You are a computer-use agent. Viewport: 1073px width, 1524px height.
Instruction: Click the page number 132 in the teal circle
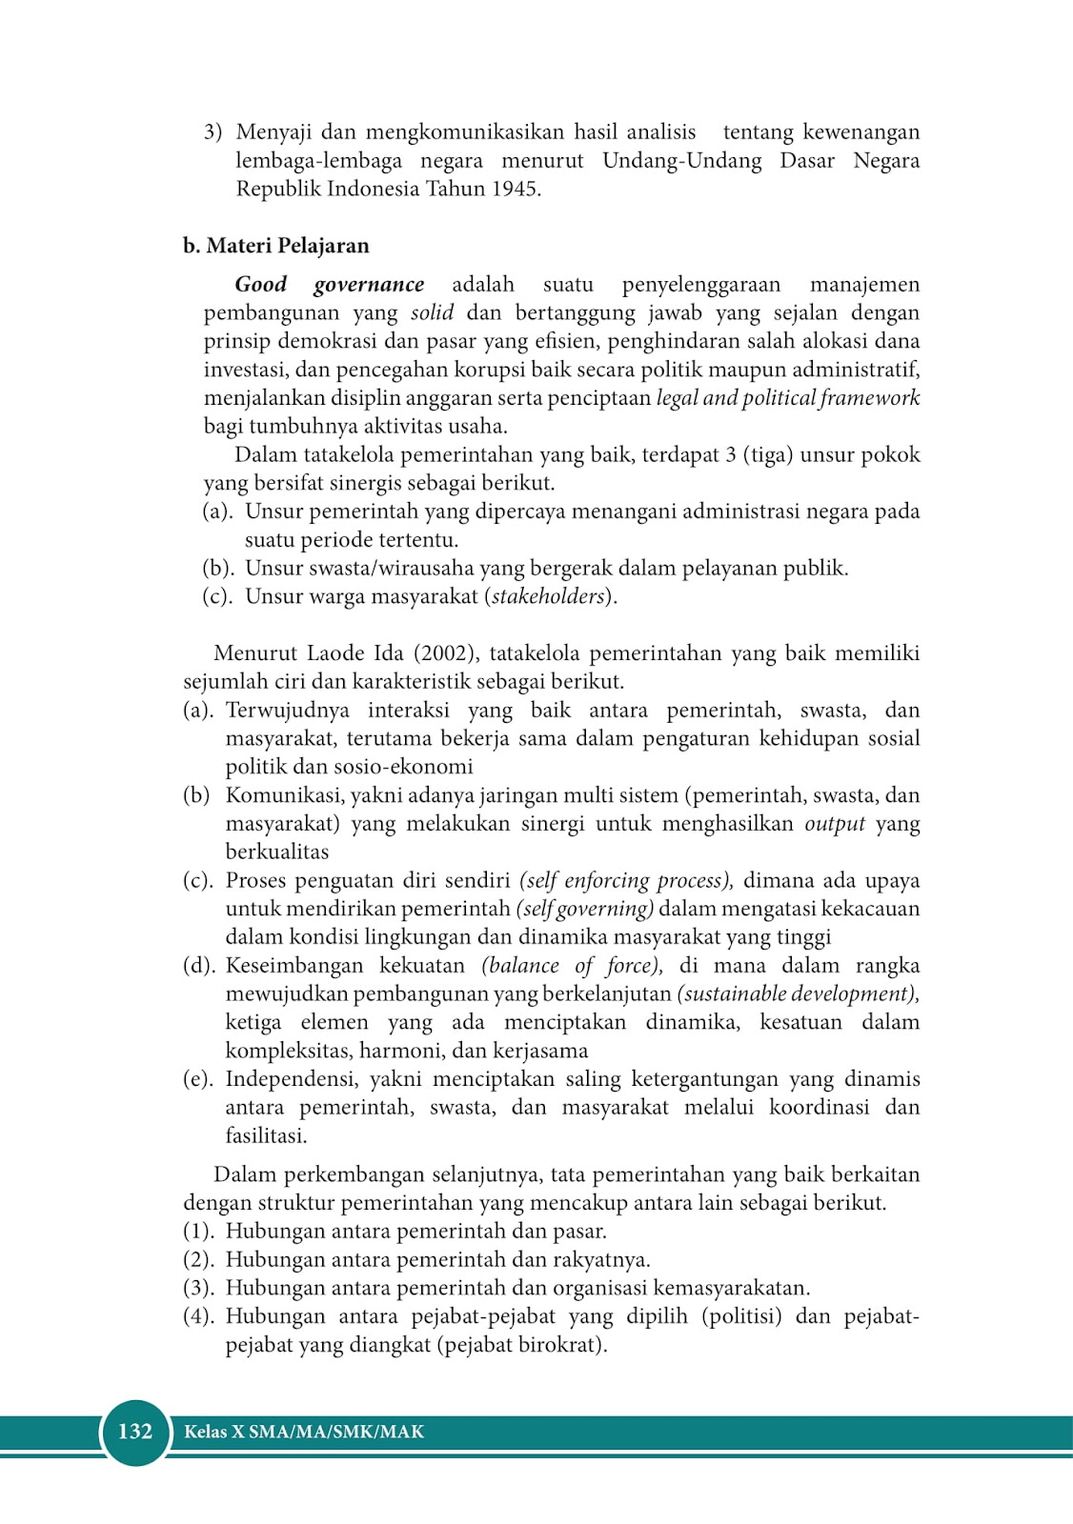pos(135,1432)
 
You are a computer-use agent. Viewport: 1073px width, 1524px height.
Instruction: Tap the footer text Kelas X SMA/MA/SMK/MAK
pos(304,1432)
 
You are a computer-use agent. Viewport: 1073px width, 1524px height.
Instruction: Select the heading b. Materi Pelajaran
pos(276,246)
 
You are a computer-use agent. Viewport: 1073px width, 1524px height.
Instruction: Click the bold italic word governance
pos(369,285)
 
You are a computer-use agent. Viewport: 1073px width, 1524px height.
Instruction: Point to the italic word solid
pos(432,313)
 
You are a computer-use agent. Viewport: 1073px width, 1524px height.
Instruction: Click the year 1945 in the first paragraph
pos(515,189)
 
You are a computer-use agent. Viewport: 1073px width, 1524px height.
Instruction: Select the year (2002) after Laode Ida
pos(444,653)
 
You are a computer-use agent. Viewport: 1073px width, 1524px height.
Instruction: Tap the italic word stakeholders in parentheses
pos(548,597)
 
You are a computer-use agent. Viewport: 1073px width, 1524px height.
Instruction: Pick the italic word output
pos(835,824)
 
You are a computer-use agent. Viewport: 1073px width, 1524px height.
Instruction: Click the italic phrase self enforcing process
pos(625,881)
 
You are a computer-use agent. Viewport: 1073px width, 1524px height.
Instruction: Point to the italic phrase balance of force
pos(572,966)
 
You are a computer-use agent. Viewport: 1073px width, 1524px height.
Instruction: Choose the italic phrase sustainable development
pos(799,994)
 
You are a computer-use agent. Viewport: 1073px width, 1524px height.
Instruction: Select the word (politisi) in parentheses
pos(741,1316)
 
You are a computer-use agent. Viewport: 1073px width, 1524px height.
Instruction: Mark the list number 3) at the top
pos(213,132)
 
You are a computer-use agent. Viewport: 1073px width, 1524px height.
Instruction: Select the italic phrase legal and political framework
pos(788,398)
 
